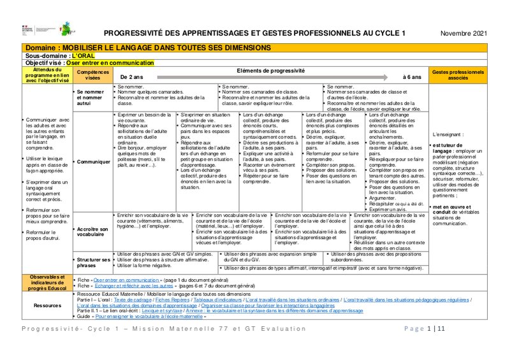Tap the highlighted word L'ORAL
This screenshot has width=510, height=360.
[83, 56]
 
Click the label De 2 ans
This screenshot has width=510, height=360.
[132, 77]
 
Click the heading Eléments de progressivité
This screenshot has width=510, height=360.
[270, 70]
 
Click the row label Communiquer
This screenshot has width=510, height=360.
[92, 162]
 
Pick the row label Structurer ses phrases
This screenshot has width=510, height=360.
[93, 262]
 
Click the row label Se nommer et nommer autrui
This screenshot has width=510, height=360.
[89, 97]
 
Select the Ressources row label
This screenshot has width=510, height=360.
[48, 305]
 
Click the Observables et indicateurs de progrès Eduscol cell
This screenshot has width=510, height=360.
[48, 283]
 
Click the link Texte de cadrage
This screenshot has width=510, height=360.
[133, 299]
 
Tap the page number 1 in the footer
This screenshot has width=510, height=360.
[429, 329]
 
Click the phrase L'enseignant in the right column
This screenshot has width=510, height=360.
[446, 135]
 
